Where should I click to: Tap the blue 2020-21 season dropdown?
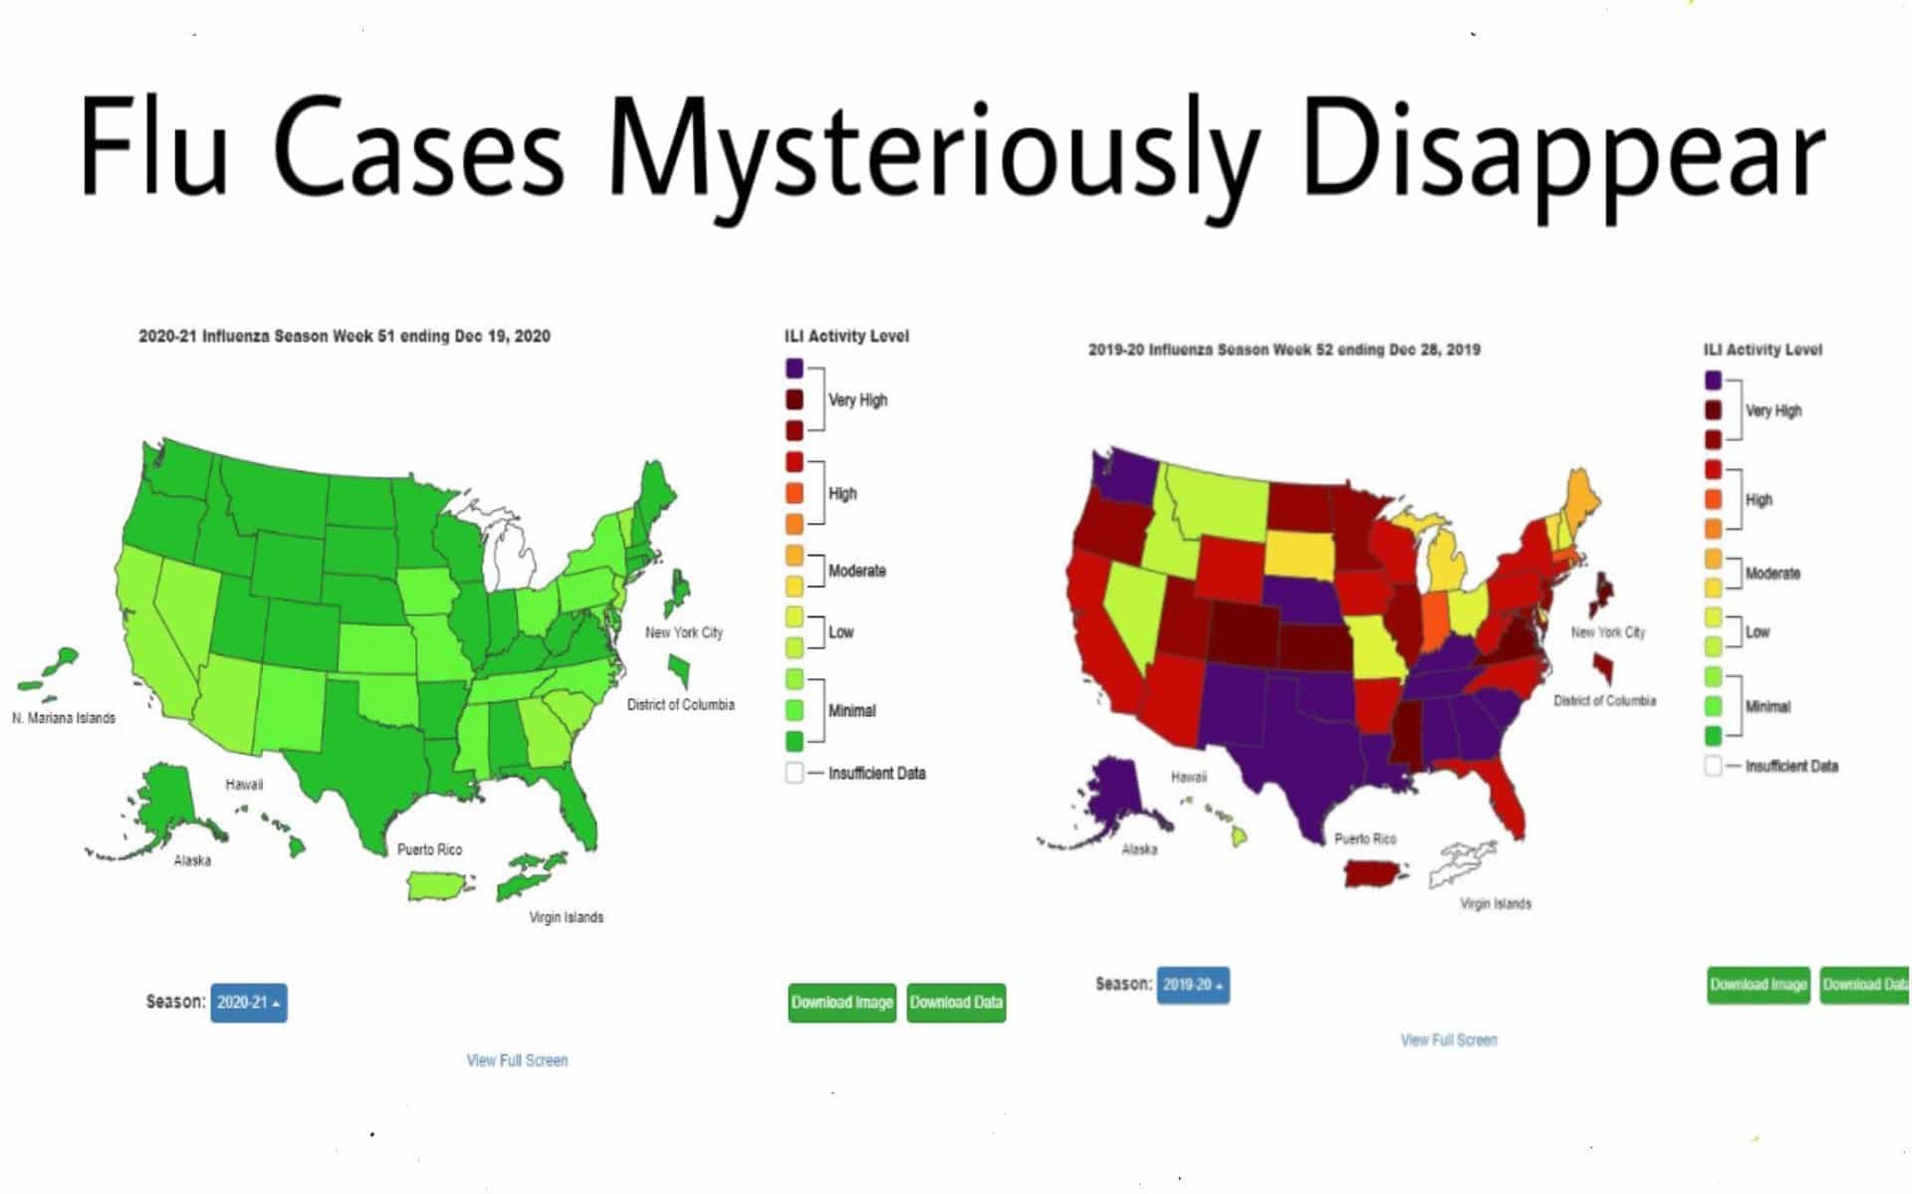tap(249, 1002)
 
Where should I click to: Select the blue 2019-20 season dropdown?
tap(1192, 985)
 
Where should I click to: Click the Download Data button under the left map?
tap(956, 1002)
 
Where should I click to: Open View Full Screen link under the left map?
tap(517, 1061)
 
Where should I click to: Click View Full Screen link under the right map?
tap(1448, 1040)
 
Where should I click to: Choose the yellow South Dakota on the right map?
tap(1300, 556)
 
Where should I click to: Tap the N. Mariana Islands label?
tap(64, 718)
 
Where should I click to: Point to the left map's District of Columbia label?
tap(680, 705)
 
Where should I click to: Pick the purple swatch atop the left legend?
tap(794, 368)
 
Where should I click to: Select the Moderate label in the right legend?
tap(1772, 574)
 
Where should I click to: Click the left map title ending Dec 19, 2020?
tap(344, 337)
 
